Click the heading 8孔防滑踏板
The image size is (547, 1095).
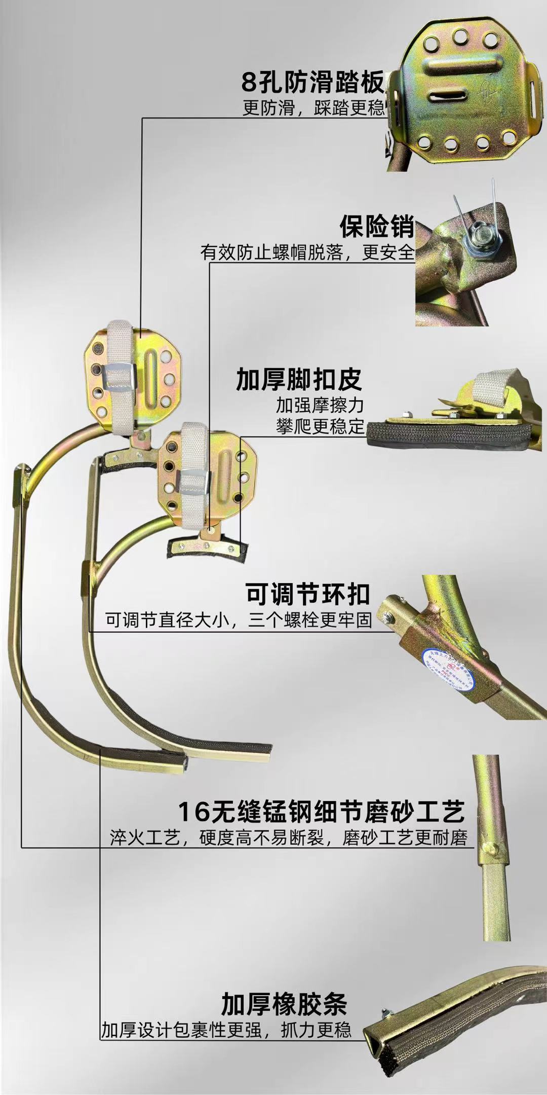(312, 83)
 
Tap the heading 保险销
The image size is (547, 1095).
(377, 227)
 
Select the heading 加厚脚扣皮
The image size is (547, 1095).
(299, 379)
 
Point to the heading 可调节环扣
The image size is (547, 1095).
(308, 594)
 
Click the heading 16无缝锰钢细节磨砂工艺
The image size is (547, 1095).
(321, 812)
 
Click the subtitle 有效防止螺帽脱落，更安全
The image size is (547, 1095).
(307, 252)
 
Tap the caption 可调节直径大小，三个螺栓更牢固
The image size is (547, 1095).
(239, 619)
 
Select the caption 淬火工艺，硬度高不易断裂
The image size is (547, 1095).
(217, 837)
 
